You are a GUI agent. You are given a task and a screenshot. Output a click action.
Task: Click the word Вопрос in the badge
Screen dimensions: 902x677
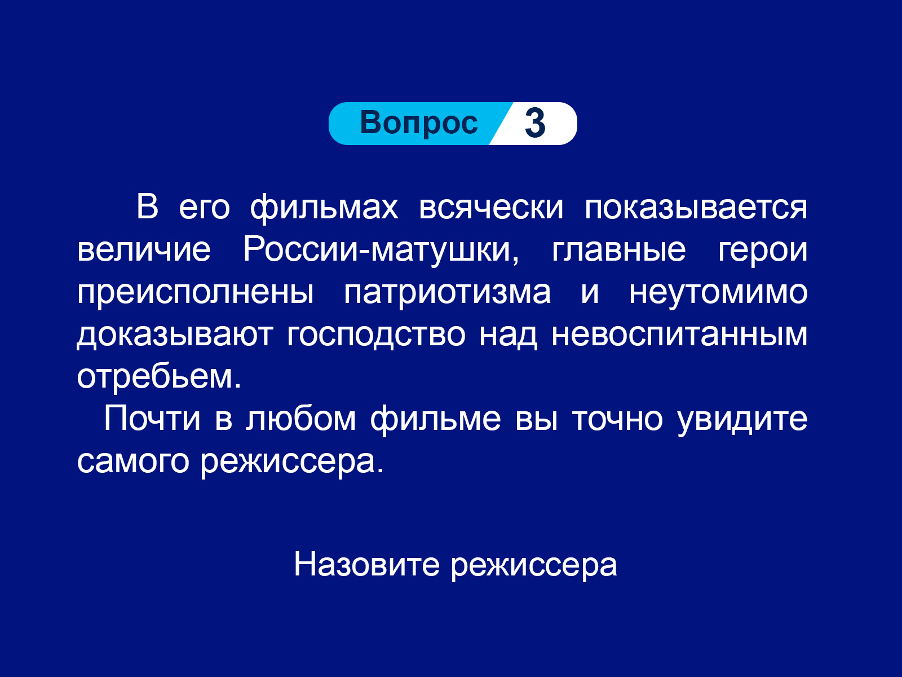[x=419, y=123]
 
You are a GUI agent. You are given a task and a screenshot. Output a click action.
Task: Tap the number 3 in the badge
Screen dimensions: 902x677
[x=535, y=124]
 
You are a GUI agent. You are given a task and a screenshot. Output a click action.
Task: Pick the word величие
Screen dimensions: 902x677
[x=144, y=250]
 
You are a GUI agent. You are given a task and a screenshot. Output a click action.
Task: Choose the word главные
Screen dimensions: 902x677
[x=618, y=250]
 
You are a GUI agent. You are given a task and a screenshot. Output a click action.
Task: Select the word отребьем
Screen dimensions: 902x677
[x=159, y=376]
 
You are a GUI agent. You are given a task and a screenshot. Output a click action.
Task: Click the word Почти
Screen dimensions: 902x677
[x=152, y=419]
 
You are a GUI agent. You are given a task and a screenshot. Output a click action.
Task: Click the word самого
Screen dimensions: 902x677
[x=132, y=462]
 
